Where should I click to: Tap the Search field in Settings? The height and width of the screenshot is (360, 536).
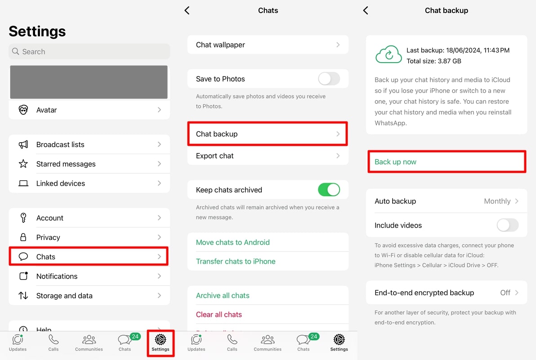(89, 52)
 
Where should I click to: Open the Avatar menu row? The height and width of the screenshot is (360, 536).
(89, 110)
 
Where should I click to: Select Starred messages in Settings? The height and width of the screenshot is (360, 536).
(89, 164)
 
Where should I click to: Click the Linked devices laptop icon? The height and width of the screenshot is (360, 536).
(23, 184)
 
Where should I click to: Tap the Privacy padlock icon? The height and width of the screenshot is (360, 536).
(23, 237)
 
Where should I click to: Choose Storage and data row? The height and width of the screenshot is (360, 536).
(89, 296)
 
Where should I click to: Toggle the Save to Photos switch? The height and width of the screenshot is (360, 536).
(329, 79)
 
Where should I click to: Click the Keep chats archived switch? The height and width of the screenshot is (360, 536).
(329, 190)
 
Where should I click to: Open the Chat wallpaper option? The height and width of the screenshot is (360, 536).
(268, 45)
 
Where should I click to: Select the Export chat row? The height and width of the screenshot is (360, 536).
(268, 156)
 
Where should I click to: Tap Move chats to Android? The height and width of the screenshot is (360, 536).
(233, 242)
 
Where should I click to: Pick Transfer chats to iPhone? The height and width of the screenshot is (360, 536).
(236, 261)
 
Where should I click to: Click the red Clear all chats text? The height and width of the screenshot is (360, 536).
(219, 315)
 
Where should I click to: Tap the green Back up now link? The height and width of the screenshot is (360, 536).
(396, 162)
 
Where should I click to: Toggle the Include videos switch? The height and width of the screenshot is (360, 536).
(507, 225)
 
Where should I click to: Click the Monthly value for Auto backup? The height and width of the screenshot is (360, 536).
(497, 201)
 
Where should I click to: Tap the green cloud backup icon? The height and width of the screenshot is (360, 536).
(388, 54)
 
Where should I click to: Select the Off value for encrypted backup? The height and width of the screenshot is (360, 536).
(505, 292)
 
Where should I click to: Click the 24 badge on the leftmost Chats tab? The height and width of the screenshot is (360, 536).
(135, 337)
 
